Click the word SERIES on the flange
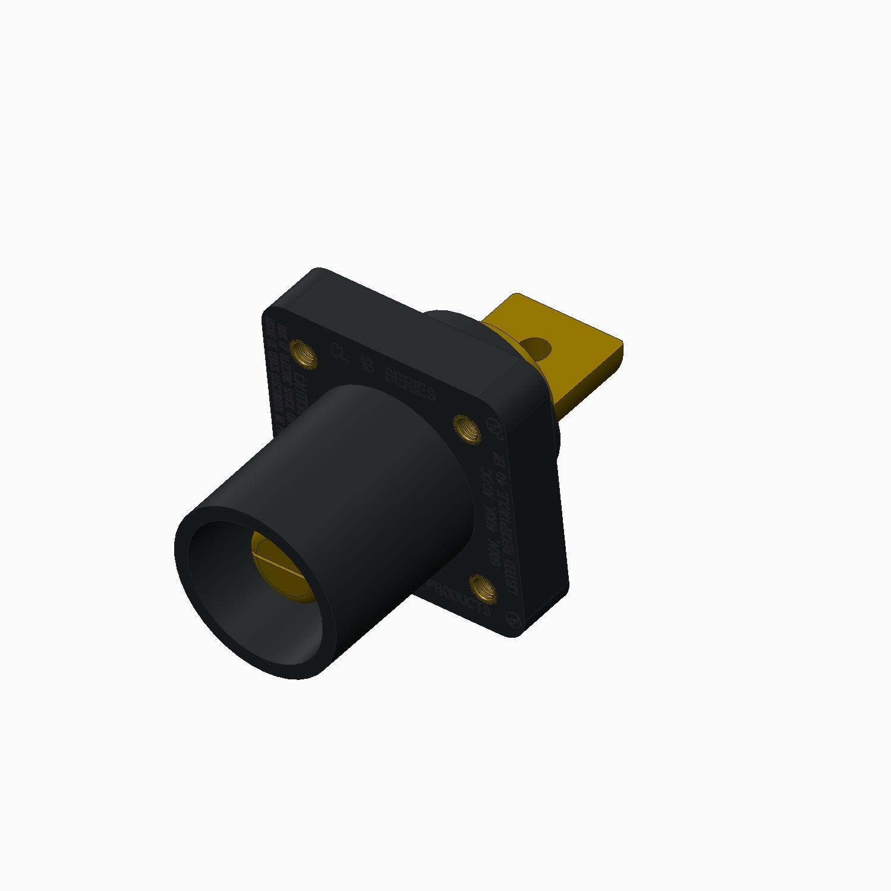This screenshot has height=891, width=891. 410,385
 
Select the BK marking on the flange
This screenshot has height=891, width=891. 501,461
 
